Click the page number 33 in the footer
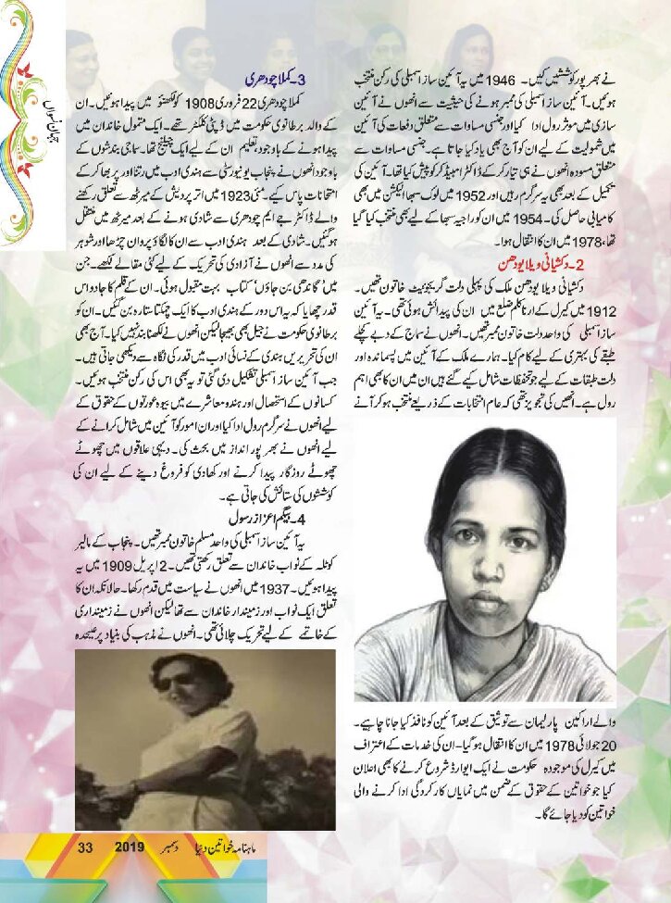[87, 849]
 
